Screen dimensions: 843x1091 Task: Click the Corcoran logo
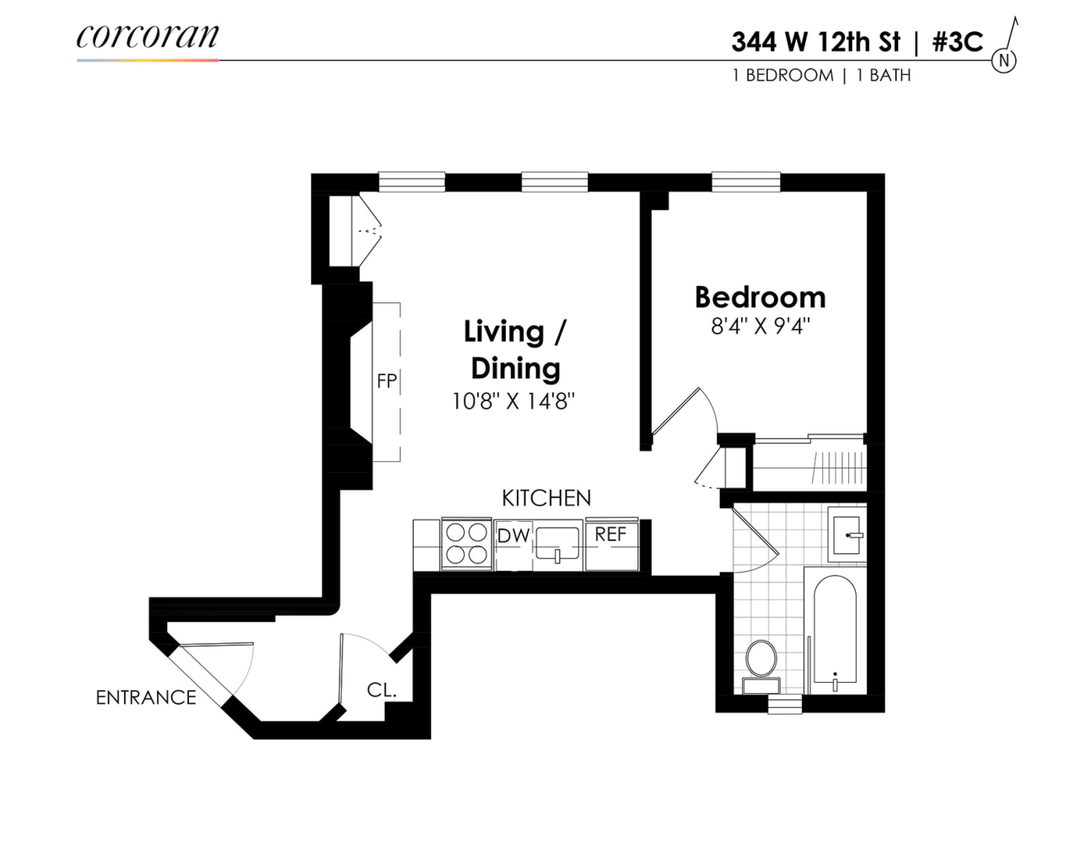coord(148,37)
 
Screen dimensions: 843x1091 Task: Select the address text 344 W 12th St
coord(815,42)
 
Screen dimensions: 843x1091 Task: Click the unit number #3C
coord(957,42)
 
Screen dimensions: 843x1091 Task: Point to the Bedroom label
coord(760,298)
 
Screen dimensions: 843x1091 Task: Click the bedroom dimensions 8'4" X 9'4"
coord(760,326)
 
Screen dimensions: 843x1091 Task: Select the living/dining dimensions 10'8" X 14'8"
coord(513,401)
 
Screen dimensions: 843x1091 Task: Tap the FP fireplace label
coord(386,381)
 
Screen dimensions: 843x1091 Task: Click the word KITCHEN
coord(545,498)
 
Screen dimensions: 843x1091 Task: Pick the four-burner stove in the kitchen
coord(466,544)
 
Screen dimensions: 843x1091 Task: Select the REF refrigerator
coord(611,544)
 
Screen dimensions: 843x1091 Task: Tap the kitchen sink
coord(557,544)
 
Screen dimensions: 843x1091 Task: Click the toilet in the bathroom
coord(761,662)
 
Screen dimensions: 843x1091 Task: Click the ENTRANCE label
coord(146,698)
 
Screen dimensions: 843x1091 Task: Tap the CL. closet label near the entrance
coord(381,690)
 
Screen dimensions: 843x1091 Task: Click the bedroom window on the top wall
coord(745,181)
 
